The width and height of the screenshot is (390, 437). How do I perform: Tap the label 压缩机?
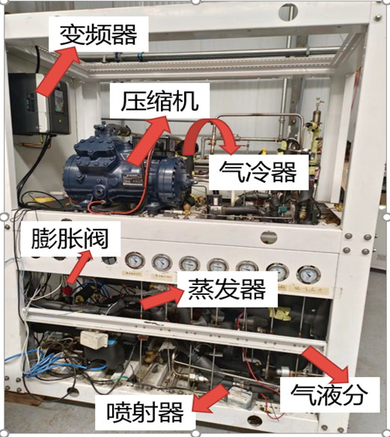(155, 98)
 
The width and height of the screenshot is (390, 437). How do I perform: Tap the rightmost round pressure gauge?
(307, 274)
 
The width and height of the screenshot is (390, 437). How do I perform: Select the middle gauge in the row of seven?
(218, 266)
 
